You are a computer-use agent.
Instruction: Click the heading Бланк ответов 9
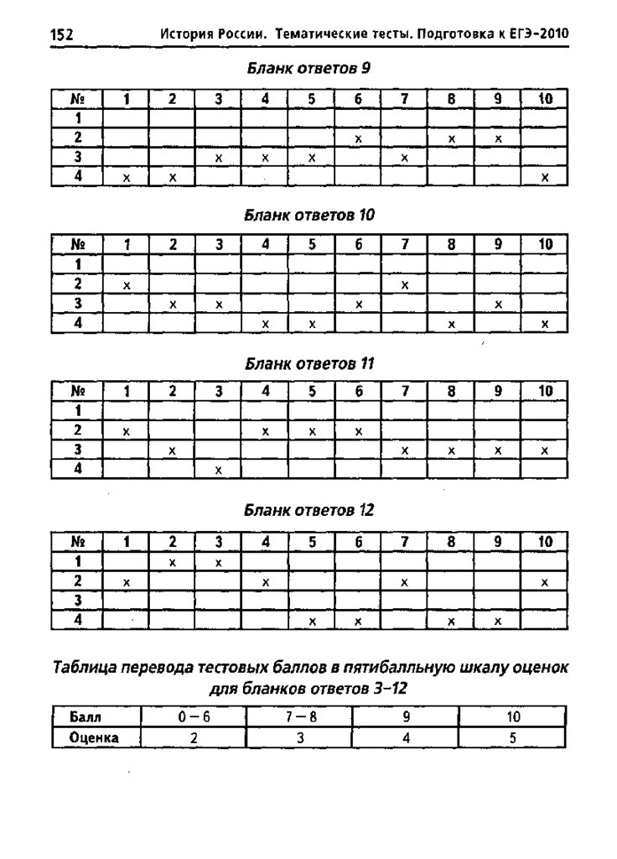(x=308, y=70)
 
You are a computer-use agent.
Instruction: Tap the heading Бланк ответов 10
(x=308, y=216)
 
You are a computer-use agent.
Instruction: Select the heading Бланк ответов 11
(x=308, y=364)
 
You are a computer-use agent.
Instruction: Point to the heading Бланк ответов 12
(x=308, y=510)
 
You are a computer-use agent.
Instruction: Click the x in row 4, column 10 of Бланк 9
(x=545, y=178)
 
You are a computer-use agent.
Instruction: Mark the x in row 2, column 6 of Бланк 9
(x=358, y=138)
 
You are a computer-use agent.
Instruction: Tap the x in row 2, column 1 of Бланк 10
(x=127, y=286)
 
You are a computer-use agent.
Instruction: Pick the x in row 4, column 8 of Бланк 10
(x=451, y=325)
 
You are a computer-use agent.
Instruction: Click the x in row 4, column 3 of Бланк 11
(x=218, y=471)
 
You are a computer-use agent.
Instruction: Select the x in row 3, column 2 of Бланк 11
(x=172, y=451)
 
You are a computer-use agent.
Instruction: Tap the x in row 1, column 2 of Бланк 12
(x=172, y=562)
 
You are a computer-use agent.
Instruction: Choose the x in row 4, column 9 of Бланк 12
(x=498, y=622)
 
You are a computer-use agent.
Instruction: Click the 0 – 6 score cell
(x=193, y=718)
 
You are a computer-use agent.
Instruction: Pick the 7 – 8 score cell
(x=299, y=718)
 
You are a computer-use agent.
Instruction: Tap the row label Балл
(x=86, y=718)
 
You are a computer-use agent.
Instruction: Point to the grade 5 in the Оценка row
(x=513, y=738)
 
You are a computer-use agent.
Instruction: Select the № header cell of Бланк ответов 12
(x=77, y=543)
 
